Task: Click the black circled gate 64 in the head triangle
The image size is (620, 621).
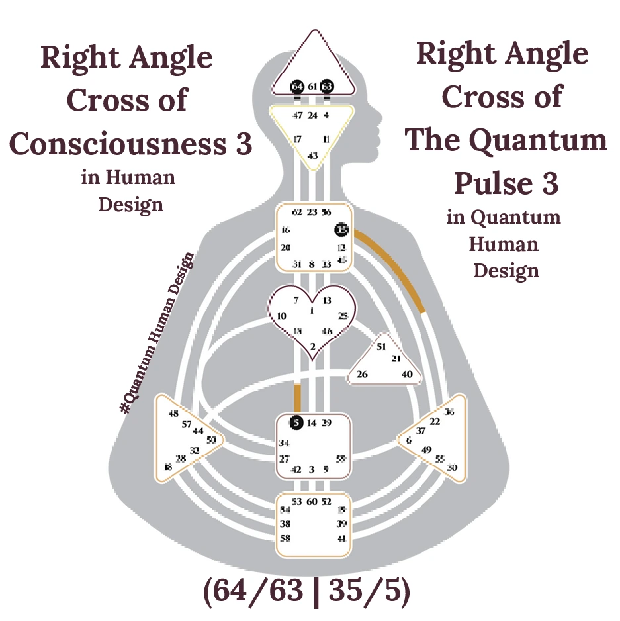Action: [297, 87]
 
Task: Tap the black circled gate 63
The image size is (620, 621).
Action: [326, 87]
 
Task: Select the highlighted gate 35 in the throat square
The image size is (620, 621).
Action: [341, 230]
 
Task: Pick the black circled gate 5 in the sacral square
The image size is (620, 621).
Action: [297, 422]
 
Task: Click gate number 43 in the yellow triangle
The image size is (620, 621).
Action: [312, 156]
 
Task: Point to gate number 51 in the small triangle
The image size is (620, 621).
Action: [381, 346]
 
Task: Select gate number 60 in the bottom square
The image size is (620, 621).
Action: [313, 502]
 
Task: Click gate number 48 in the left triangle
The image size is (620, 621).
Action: [174, 414]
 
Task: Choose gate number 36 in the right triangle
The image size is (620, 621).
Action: [449, 412]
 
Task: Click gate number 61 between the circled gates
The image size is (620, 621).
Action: [312, 87]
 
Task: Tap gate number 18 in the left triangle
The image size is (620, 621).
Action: [167, 467]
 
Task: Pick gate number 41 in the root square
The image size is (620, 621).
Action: [341, 538]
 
